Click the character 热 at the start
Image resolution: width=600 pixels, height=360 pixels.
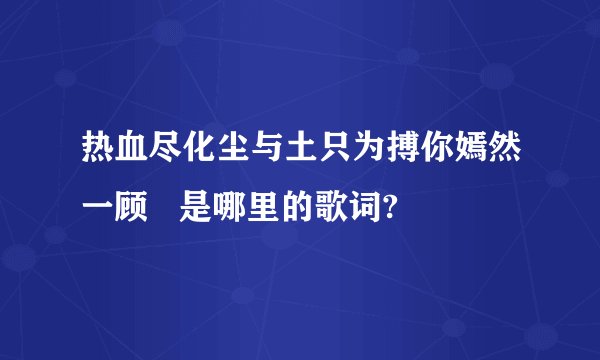click(x=100, y=157)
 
